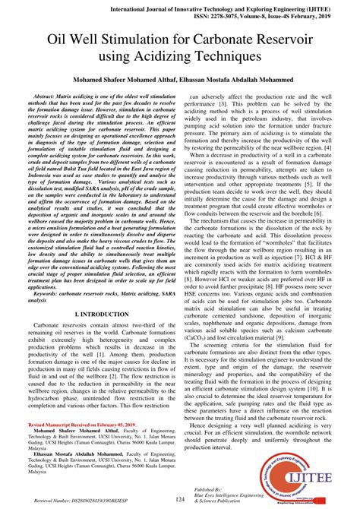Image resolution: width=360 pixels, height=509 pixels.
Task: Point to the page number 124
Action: tap(179, 498)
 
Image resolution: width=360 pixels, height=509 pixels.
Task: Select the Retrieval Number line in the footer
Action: tap(77, 502)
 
